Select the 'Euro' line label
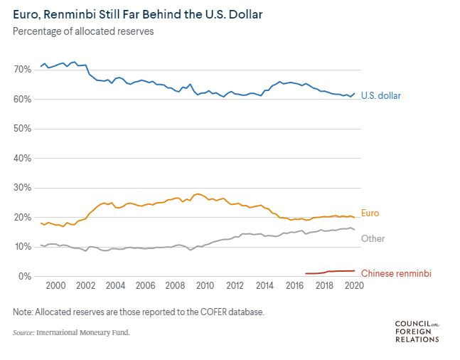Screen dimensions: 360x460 tap(370, 213)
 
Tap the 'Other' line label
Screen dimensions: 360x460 tap(373, 238)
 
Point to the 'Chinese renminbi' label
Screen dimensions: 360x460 tap(396, 273)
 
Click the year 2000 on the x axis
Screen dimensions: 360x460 tap(55, 285)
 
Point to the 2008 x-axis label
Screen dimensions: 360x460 tap(175, 285)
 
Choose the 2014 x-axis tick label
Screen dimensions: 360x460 tap(264, 285)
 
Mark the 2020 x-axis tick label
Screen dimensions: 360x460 tap(354, 285)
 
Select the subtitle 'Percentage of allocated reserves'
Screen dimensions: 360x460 tap(83, 31)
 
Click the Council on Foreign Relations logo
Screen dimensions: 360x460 tap(417, 332)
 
